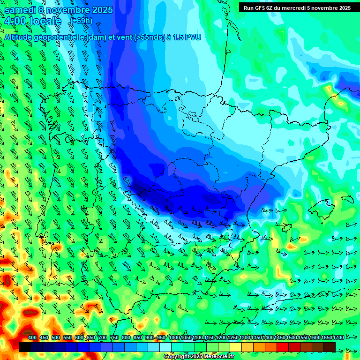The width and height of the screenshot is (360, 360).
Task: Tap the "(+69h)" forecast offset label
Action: (82, 21)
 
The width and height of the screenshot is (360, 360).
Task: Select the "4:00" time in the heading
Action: (15, 21)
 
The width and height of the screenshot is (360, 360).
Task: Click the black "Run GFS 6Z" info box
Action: (297, 7)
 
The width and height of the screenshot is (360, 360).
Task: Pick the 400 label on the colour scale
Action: (32, 338)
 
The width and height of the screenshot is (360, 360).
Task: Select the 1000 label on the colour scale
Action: (174, 338)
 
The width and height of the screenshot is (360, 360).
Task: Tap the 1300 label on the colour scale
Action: (245, 338)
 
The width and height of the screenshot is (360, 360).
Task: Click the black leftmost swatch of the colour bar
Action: (25, 347)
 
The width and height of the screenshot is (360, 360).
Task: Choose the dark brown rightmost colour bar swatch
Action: (330, 347)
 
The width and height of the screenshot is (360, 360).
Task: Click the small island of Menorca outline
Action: (347, 199)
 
